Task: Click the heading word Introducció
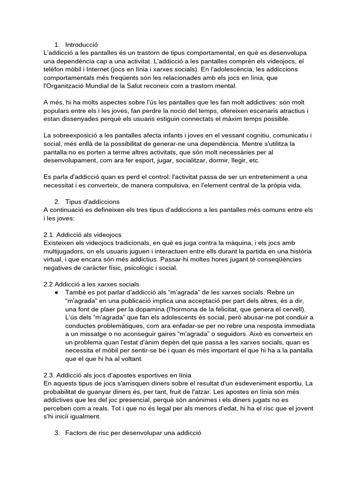(x=82, y=45)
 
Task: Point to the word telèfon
(x=54, y=70)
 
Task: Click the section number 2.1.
(x=48, y=234)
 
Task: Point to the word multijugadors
(x=63, y=251)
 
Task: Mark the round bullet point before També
(x=56, y=292)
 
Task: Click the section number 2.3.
(x=48, y=375)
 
